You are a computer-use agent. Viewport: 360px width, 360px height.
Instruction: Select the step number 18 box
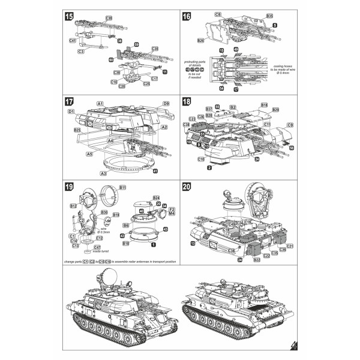(x=187, y=102)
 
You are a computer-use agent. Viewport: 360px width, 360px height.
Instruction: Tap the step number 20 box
(x=187, y=187)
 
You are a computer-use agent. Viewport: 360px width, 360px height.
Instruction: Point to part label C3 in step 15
(x=80, y=52)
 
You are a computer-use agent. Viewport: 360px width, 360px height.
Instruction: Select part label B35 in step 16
(x=269, y=15)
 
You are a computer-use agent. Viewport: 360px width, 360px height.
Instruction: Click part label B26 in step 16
(x=202, y=40)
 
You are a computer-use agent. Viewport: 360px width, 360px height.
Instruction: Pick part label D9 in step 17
(x=165, y=104)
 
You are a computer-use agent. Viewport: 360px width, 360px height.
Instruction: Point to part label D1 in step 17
(x=71, y=112)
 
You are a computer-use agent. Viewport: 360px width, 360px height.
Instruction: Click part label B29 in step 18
(x=275, y=110)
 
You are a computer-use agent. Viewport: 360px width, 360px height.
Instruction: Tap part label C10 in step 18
(x=201, y=160)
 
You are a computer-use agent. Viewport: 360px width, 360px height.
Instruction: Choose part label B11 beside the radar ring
(x=122, y=188)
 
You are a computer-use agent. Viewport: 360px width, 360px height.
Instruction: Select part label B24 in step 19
(x=155, y=197)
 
